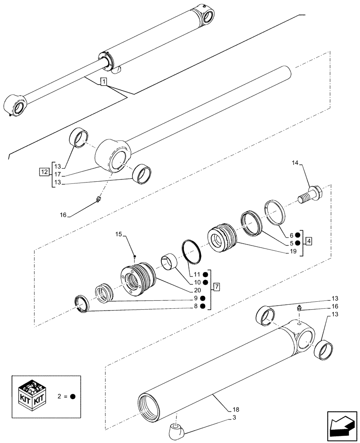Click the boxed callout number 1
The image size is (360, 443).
(103, 82)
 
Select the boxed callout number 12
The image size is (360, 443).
(44, 171)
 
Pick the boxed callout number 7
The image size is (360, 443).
(216, 287)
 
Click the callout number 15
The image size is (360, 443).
(119, 234)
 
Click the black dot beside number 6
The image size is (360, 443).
(297, 235)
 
